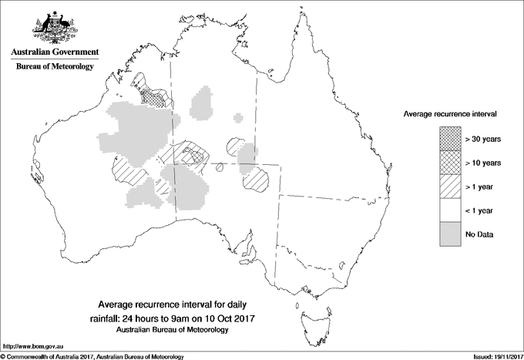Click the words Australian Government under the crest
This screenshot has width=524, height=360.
pyautogui.click(x=55, y=52)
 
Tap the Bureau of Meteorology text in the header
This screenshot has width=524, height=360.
pyautogui.click(x=55, y=67)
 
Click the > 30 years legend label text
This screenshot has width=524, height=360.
pyautogui.click(x=483, y=139)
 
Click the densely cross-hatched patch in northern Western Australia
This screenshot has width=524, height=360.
pyautogui.click(x=157, y=98)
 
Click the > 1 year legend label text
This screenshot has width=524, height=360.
pyautogui.click(x=481, y=187)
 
